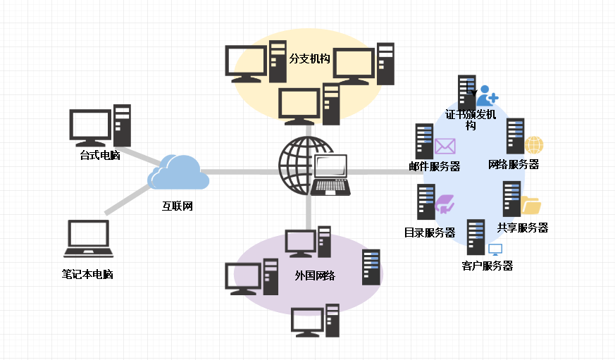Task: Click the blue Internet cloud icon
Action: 179,173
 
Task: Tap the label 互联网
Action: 178,206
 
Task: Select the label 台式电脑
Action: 100,155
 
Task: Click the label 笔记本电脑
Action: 87,274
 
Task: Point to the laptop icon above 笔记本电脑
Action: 88,238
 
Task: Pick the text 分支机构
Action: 309,58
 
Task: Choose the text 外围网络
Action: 315,275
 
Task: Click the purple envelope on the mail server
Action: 445,146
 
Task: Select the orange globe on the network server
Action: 534,144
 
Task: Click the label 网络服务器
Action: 514,164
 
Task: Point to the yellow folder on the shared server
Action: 530,205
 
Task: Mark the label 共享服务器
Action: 523,228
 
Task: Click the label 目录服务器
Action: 429,232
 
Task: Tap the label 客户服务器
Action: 487,266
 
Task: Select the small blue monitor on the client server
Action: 495,249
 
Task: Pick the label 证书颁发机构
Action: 471,119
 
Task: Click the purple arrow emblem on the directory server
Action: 445,205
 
